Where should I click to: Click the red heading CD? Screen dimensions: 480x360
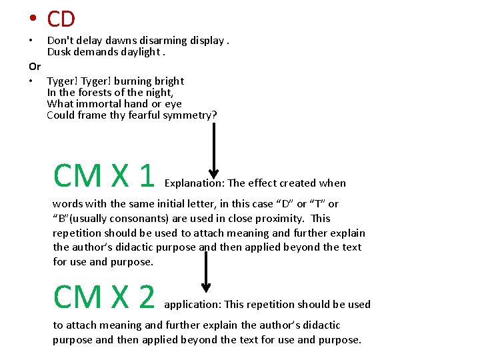pos(61,19)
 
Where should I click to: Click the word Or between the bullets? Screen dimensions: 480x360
pos(35,67)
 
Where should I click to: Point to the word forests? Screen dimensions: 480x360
pos(94,93)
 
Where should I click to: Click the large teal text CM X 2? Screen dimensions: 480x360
pos(104,297)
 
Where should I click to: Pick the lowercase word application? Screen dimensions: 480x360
pos(193,305)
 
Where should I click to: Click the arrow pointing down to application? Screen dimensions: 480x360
pos(206,271)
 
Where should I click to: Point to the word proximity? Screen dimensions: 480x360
pos(275,219)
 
